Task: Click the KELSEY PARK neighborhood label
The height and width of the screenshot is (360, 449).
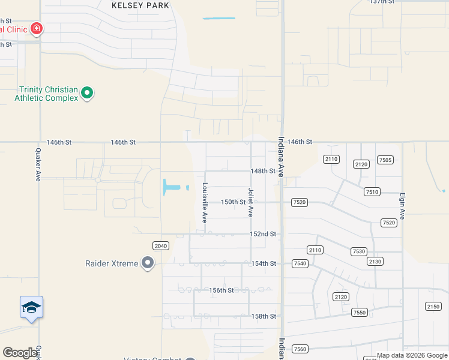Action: (x=140, y=5)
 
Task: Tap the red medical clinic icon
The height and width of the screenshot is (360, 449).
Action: (x=37, y=28)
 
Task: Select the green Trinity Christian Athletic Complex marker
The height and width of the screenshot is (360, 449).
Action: (x=87, y=92)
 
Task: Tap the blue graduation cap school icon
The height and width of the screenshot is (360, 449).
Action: (x=31, y=308)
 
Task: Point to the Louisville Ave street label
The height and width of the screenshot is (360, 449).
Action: (x=205, y=203)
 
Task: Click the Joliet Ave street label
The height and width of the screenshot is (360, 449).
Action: (x=251, y=202)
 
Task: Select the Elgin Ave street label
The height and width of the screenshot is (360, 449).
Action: (x=402, y=206)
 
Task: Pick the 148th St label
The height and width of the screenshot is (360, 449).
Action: (x=263, y=171)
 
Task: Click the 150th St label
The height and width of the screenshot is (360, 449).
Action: (x=234, y=202)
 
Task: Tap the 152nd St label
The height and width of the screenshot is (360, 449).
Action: (x=263, y=233)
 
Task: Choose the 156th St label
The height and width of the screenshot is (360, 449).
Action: (x=221, y=290)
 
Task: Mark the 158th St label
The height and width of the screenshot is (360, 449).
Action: (x=263, y=316)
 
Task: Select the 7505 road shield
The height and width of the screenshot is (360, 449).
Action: (x=385, y=160)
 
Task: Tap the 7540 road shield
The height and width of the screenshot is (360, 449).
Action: (x=300, y=264)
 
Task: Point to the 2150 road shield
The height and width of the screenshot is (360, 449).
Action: (x=433, y=307)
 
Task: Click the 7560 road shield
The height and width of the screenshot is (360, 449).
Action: (x=300, y=349)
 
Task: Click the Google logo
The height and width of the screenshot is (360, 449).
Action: (x=20, y=353)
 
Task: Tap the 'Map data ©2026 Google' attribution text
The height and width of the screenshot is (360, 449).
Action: (x=412, y=356)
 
